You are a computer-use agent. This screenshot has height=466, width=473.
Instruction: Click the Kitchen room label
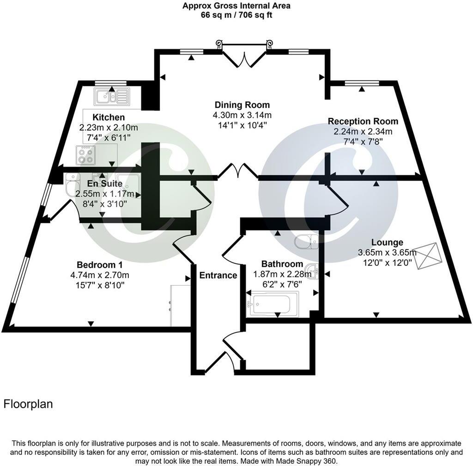109,117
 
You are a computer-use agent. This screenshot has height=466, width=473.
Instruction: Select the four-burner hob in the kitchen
86,154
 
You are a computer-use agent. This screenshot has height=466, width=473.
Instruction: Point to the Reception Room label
363,121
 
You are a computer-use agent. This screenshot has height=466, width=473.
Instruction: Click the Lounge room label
380,242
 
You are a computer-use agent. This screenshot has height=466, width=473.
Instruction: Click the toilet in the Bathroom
306,240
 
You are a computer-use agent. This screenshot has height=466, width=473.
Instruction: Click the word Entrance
218,276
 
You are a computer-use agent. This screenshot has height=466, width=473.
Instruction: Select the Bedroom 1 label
99,265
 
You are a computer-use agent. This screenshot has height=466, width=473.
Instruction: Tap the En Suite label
106,184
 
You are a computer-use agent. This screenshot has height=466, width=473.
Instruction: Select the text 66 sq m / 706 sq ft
236,14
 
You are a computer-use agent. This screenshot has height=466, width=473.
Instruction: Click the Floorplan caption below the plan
28,404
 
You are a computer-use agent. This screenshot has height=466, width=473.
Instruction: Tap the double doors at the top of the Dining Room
244,58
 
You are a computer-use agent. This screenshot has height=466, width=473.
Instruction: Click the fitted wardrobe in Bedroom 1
180,305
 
